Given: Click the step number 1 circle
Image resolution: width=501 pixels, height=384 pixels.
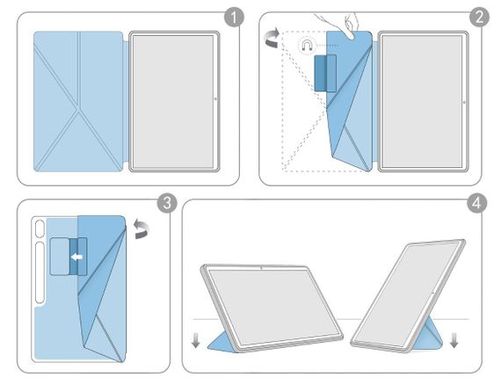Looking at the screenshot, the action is tap(234, 18).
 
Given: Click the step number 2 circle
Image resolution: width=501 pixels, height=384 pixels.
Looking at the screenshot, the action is tap(479, 17).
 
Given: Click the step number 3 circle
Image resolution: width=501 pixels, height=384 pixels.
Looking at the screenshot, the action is tap(167, 203).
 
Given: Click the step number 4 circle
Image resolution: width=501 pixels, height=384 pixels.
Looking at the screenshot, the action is tap(476, 203).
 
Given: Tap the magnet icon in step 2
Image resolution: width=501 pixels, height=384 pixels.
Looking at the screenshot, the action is tap(307, 46).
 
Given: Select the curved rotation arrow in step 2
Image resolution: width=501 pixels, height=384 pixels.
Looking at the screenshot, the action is tap(272, 38).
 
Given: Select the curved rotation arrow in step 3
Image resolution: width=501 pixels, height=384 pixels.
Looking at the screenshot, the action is tap(141, 228).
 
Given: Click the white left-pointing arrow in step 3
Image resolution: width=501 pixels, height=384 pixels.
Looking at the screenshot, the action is tap(76, 257).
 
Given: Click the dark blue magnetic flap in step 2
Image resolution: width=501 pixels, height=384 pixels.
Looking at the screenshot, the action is tap(325, 73).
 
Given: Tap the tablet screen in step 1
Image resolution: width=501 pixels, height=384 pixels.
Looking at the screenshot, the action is tap(173, 102).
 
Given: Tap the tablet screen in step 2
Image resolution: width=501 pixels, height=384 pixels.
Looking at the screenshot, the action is tap(423, 101).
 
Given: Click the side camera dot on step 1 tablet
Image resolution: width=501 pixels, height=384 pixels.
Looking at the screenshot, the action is tap(215, 98).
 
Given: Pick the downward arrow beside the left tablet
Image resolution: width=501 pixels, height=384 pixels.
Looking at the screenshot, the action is tap(195, 340).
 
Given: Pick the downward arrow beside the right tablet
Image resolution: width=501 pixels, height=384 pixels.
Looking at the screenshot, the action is tap(454, 340).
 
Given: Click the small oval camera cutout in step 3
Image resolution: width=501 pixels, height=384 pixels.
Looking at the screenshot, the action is tap(40, 228).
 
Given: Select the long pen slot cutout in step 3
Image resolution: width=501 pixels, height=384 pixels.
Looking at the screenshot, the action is tap(40, 272).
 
